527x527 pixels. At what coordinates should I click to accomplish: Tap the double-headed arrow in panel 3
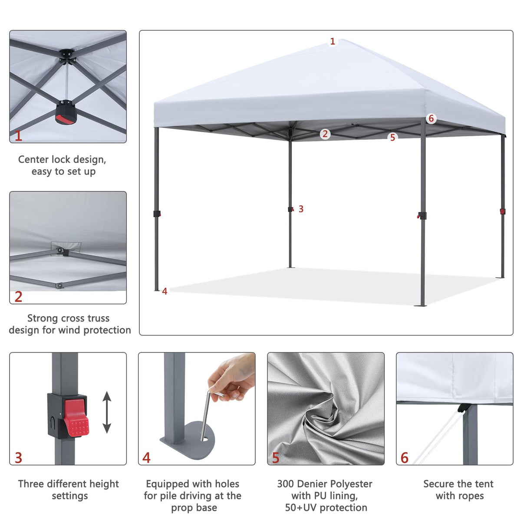click(x=107, y=412)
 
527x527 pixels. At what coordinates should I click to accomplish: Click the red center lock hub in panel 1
click(x=65, y=113)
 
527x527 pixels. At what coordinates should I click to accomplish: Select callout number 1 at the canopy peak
click(x=333, y=42)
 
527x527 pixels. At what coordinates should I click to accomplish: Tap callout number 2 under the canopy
click(x=325, y=134)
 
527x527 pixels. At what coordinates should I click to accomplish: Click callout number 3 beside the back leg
click(x=301, y=209)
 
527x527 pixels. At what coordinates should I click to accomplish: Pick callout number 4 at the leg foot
click(x=165, y=291)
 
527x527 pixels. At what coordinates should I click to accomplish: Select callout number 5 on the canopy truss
click(x=392, y=138)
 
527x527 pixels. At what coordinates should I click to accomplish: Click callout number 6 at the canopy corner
click(x=431, y=119)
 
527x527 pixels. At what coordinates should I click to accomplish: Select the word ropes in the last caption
click(x=471, y=496)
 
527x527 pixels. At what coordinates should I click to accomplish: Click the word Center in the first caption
click(x=33, y=159)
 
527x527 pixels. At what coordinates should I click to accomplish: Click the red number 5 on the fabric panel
click(x=276, y=458)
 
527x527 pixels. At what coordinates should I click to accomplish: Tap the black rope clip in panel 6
click(x=463, y=408)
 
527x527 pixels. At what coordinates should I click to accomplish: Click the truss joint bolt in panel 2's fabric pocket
click(x=60, y=251)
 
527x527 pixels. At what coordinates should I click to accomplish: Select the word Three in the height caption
click(x=31, y=484)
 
